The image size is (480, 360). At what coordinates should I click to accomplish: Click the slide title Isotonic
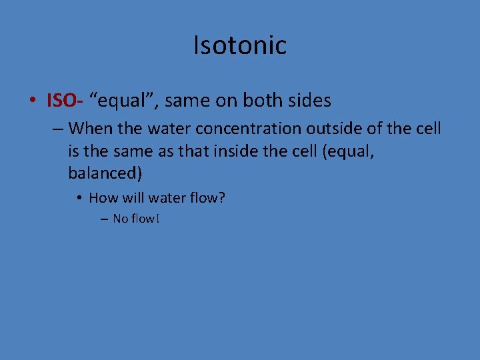pyautogui.click(x=240, y=45)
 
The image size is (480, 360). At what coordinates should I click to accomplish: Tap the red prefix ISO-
pyautogui.click(x=64, y=101)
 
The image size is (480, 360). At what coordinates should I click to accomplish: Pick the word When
pyautogui.click(x=91, y=128)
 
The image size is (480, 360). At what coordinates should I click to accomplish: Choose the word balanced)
pyautogui.click(x=105, y=174)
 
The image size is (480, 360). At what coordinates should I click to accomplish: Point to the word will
pyautogui.click(x=131, y=197)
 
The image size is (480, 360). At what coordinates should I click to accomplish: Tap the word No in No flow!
pyautogui.click(x=120, y=218)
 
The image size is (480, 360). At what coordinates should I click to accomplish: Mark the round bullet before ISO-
pyautogui.click(x=33, y=102)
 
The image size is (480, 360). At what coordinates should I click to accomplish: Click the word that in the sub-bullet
pyautogui.click(x=187, y=151)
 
